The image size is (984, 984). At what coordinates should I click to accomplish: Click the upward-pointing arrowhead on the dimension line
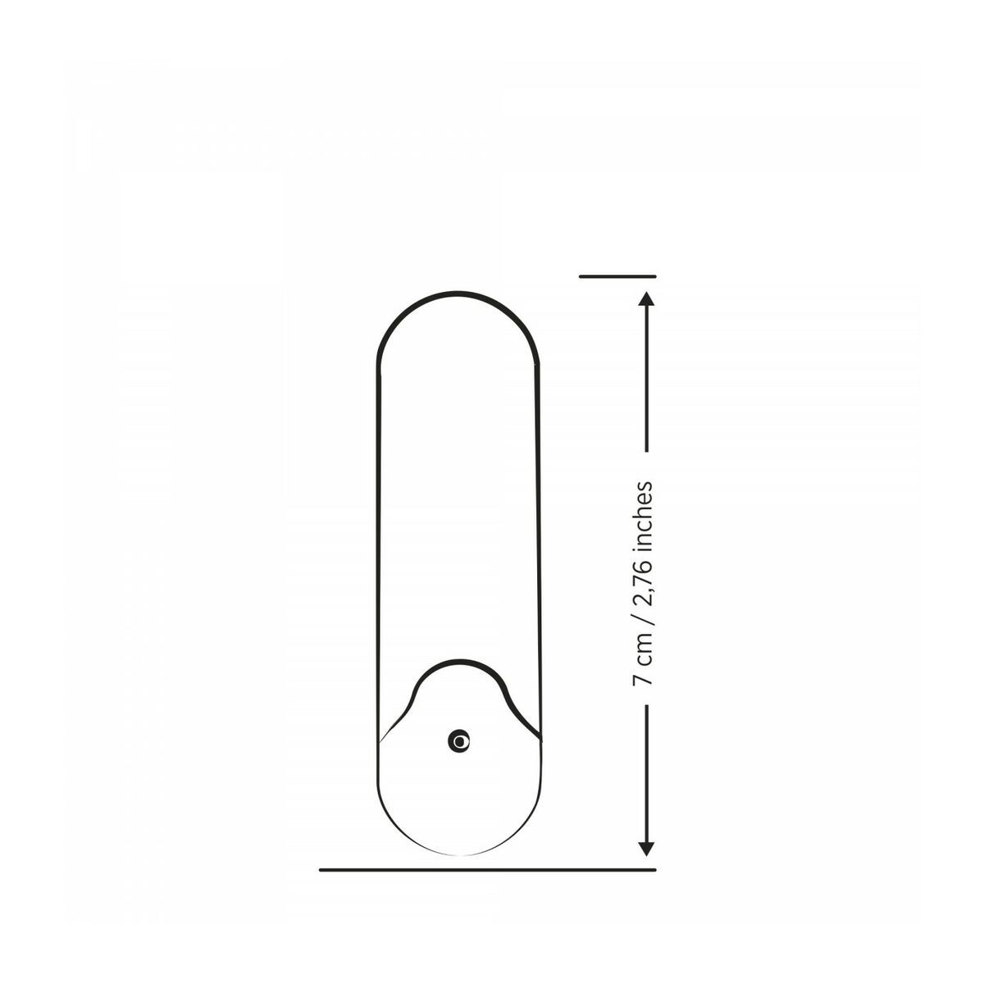647,300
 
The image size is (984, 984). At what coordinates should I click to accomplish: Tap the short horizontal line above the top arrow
617,277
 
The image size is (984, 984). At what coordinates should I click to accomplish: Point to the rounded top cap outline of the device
459,291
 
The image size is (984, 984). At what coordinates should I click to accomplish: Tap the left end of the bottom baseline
321,869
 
